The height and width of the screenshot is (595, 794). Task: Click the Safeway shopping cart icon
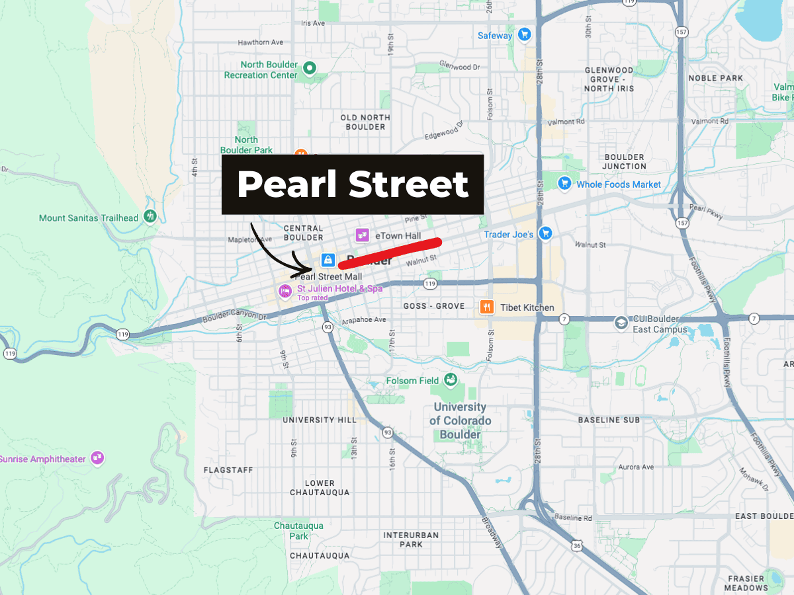coord(525,35)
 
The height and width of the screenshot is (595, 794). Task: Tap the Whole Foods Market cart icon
coord(564,183)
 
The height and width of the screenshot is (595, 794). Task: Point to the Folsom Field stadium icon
coord(451,379)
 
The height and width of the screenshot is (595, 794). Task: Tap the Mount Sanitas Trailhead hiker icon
coord(151,216)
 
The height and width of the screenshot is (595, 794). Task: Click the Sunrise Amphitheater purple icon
coord(98,457)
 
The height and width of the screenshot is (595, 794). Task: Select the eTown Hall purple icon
coord(362,235)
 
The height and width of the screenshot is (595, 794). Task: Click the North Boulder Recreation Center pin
coord(309,67)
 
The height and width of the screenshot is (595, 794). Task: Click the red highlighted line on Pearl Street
coord(390,253)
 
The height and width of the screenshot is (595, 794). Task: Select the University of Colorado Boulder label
coord(461,421)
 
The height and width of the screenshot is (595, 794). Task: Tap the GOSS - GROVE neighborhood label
coord(434,307)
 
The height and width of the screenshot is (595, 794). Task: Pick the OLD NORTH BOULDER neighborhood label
coord(365,122)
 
